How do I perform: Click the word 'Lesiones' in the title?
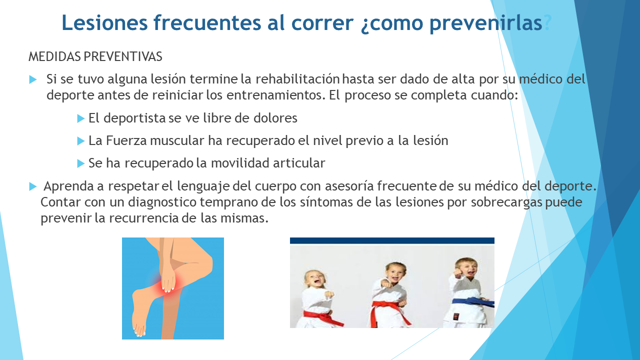pos(104,22)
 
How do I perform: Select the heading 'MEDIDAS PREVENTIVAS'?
pos(95,56)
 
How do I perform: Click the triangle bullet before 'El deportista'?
pos(81,118)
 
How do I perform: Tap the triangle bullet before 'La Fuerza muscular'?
pos(81,141)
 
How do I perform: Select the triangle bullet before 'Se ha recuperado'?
pos(81,163)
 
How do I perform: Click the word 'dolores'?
pos(275,117)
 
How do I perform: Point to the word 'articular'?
pos(299,163)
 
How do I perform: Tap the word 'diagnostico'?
pos(162,202)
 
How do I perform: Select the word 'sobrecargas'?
pos(506,202)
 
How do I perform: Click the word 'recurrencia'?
pos(144,218)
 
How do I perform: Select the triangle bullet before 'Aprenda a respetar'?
pos(33,187)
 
